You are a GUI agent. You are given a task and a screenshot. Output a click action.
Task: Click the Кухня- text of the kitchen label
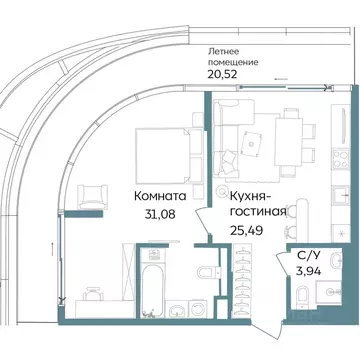251,197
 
